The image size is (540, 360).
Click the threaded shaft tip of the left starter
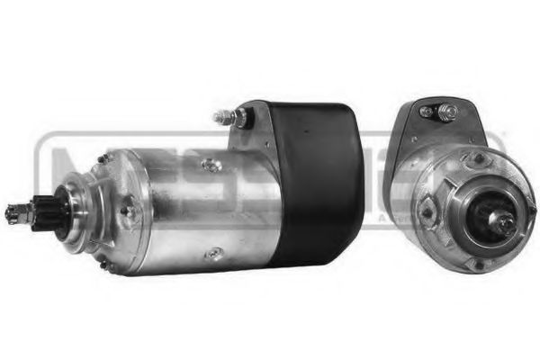12,213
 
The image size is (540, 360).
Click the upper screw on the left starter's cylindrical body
211,165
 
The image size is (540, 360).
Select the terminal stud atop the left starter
222,116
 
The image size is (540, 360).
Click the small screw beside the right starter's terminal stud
424,112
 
